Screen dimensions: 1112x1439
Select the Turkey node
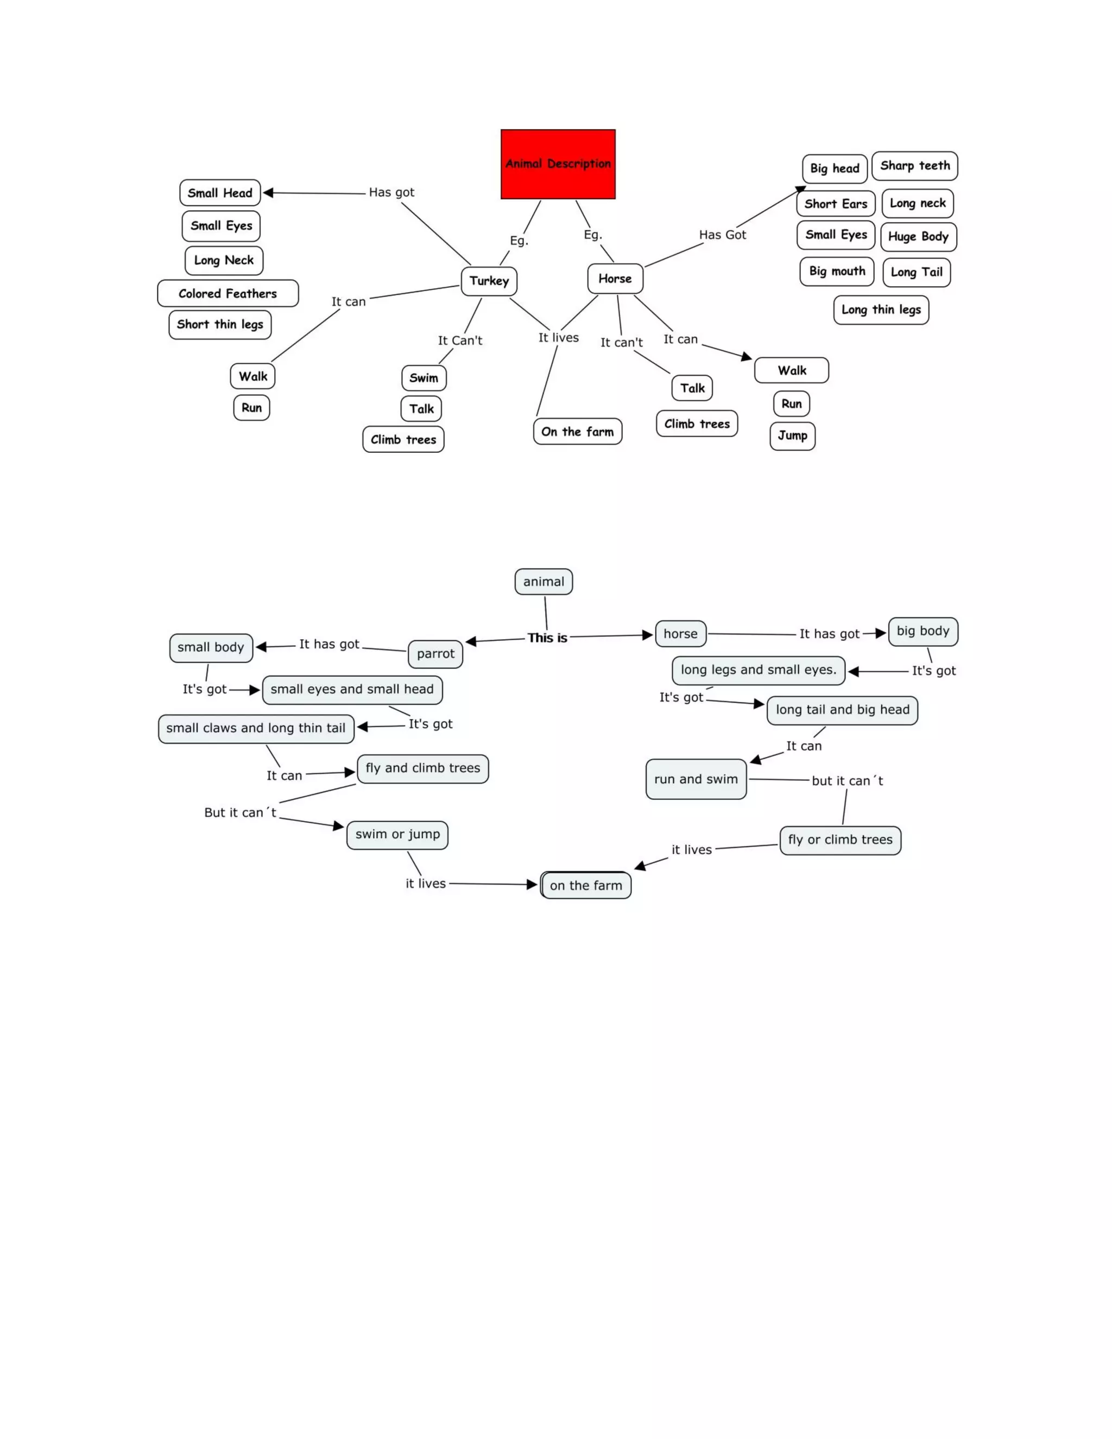point(489,281)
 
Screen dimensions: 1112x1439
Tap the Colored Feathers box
point(228,294)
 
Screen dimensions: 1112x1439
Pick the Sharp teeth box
point(914,166)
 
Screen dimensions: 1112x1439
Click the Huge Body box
point(918,237)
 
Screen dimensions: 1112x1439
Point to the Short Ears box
point(835,204)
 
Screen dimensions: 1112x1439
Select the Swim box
point(424,378)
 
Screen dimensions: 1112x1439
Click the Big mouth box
point(837,272)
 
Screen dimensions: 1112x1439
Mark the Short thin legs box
point(219,325)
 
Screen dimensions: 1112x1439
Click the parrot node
point(435,654)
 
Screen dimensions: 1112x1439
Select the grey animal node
point(544,582)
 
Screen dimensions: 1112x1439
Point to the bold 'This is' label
point(547,638)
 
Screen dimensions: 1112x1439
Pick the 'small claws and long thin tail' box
point(256,729)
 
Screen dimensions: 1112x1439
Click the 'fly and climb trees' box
point(422,769)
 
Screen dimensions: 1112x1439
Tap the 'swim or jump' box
point(397,835)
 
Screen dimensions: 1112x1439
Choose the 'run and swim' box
point(696,779)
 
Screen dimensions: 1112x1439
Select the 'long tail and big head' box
point(842,710)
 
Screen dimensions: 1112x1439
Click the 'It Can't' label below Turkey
point(460,340)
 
